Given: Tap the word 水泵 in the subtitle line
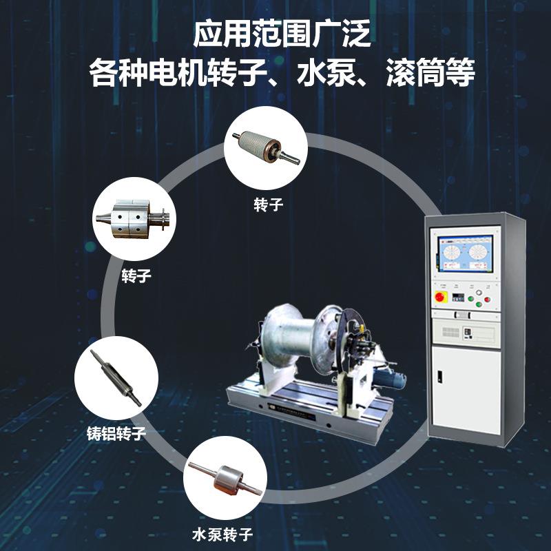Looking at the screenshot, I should (318, 74).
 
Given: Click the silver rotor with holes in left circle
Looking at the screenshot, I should (132, 220).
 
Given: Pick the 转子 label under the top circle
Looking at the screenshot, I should (269, 205).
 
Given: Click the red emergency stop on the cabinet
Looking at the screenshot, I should (439, 297).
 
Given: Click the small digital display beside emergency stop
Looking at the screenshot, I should (456, 297).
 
